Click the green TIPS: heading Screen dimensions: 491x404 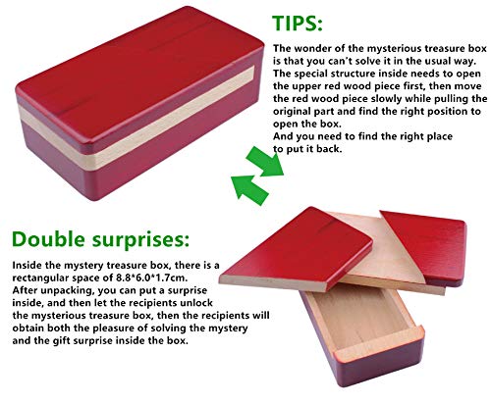298,24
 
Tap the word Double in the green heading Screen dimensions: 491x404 48,239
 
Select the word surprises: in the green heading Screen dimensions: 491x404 140,240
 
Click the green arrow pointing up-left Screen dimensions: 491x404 249,189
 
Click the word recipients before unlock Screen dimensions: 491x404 154,303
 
